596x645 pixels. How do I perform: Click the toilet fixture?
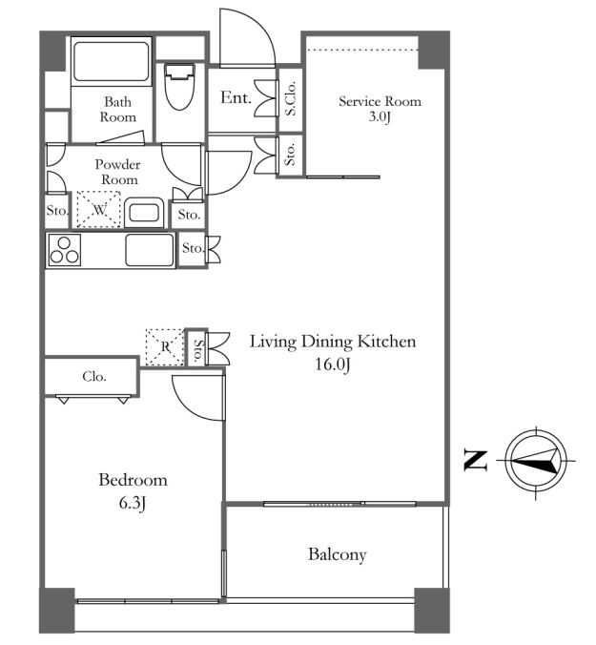coord(179,87)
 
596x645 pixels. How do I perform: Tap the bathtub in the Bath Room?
coord(111,62)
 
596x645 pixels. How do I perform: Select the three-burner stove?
coord(65,250)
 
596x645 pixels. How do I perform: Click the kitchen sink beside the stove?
coord(149,250)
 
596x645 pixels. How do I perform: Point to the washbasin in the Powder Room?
coord(144,212)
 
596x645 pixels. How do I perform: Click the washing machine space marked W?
coord(98,209)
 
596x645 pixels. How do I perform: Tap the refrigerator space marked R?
coord(165,346)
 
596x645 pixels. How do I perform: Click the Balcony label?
coord(337,554)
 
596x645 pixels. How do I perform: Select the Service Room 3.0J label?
coord(380,109)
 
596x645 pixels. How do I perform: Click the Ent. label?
coord(236,97)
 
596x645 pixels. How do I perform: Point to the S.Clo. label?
coord(291,98)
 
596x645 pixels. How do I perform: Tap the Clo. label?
coord(94,376)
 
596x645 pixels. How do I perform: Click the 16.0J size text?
coord(333,364)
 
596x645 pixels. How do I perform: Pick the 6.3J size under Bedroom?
coord(133,503)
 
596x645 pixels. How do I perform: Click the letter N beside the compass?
coord(476,461)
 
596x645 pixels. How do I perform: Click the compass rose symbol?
coord(536,461)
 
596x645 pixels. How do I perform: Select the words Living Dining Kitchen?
coord(333,342)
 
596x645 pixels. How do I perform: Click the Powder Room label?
coord(118,172)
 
